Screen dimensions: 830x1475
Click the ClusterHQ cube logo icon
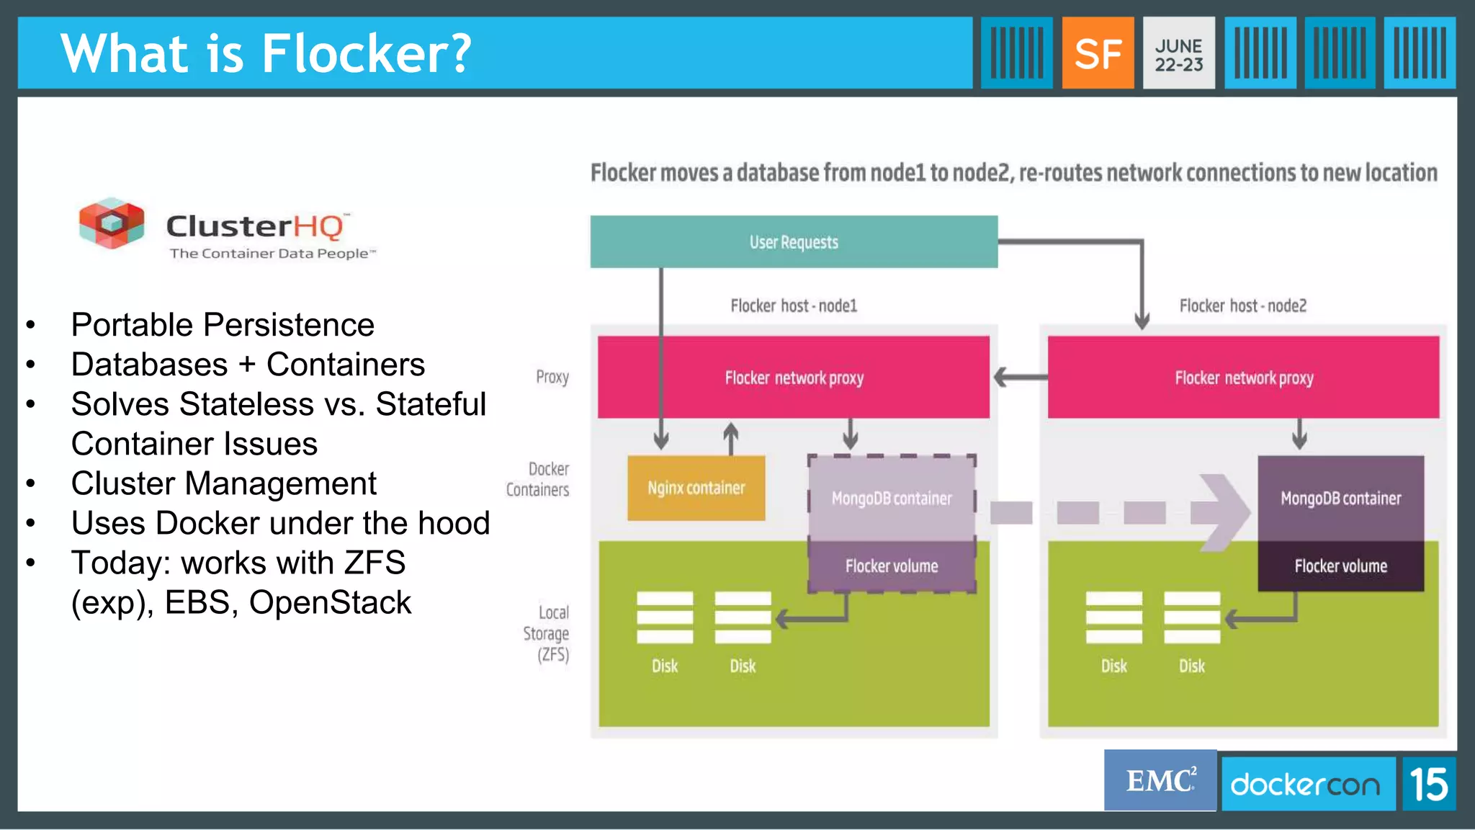pyautogui.click(x=112, y=223)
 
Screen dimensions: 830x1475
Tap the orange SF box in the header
pyautogui.click(x=1098, y=53)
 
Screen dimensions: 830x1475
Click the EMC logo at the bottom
pyautogui.click(x=1160, y=781)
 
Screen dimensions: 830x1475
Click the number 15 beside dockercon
pyautogui.click(x=1429, y=784)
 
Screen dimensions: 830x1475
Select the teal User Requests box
pyautogui.click(x=794, y=242)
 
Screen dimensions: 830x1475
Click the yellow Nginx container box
pyautogui.click(x=696, y=488)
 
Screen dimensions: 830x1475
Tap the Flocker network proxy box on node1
pyautogui.click(x=794, y=378)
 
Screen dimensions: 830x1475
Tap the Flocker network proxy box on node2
pyautogui.click(x=1243, y=378)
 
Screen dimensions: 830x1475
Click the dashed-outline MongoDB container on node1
pyautogui.click(x=892, y=499)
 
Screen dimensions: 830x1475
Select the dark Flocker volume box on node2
pyautogui.click(x=1340, y=566)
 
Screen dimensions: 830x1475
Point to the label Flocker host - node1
pyautogui.click(x=794, y=306)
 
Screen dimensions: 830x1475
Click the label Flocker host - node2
pyautogui.click(x=1242, y=306)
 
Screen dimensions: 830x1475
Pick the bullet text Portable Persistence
pyautogui.click(x=223, y=325)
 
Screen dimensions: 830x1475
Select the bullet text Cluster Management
pyautogui.click(x=223, y=483)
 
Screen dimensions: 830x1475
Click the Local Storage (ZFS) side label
pyautogui.click(x=547, y=633)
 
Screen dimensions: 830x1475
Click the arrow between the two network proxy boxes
pyautogui.click(x=1018, y=377)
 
